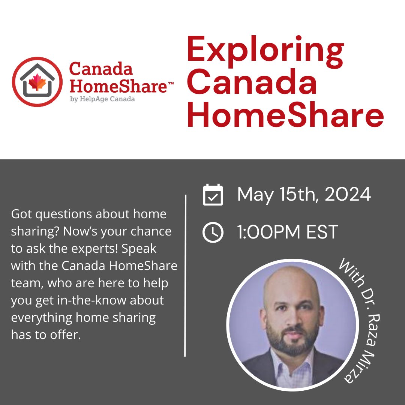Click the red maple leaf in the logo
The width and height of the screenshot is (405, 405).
pos(37,82)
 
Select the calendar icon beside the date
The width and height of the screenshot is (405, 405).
pos(213,195)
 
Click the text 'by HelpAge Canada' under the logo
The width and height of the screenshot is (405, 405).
pos(102,99)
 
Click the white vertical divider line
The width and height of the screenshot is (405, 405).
pos(186,275)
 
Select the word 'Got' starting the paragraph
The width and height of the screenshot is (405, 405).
pos(21,214)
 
